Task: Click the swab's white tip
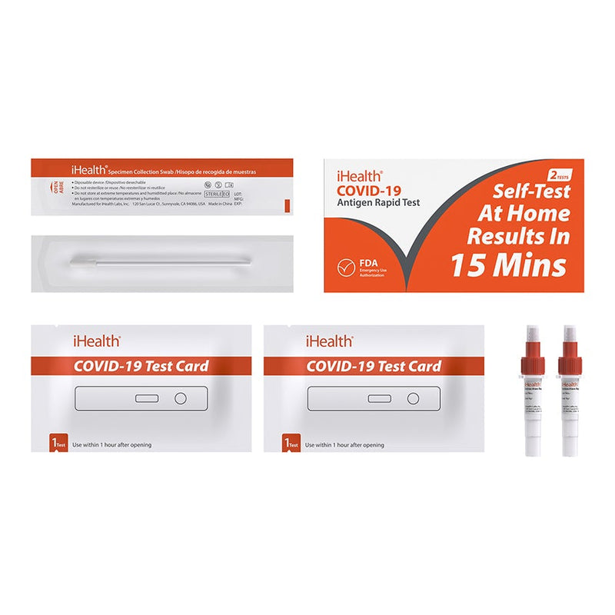click(78, 262)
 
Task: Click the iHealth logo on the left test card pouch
click(95, 341)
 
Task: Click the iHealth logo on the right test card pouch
click(329, 341)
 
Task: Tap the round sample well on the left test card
click(180, 399)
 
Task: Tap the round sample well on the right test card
click(413, 399)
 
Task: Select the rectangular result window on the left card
click(145, 399)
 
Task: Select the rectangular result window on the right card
click(378, 399)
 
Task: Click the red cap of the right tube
click(570, 362)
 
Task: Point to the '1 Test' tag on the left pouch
click(56, 444)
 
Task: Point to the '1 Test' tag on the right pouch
click(291, 444)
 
